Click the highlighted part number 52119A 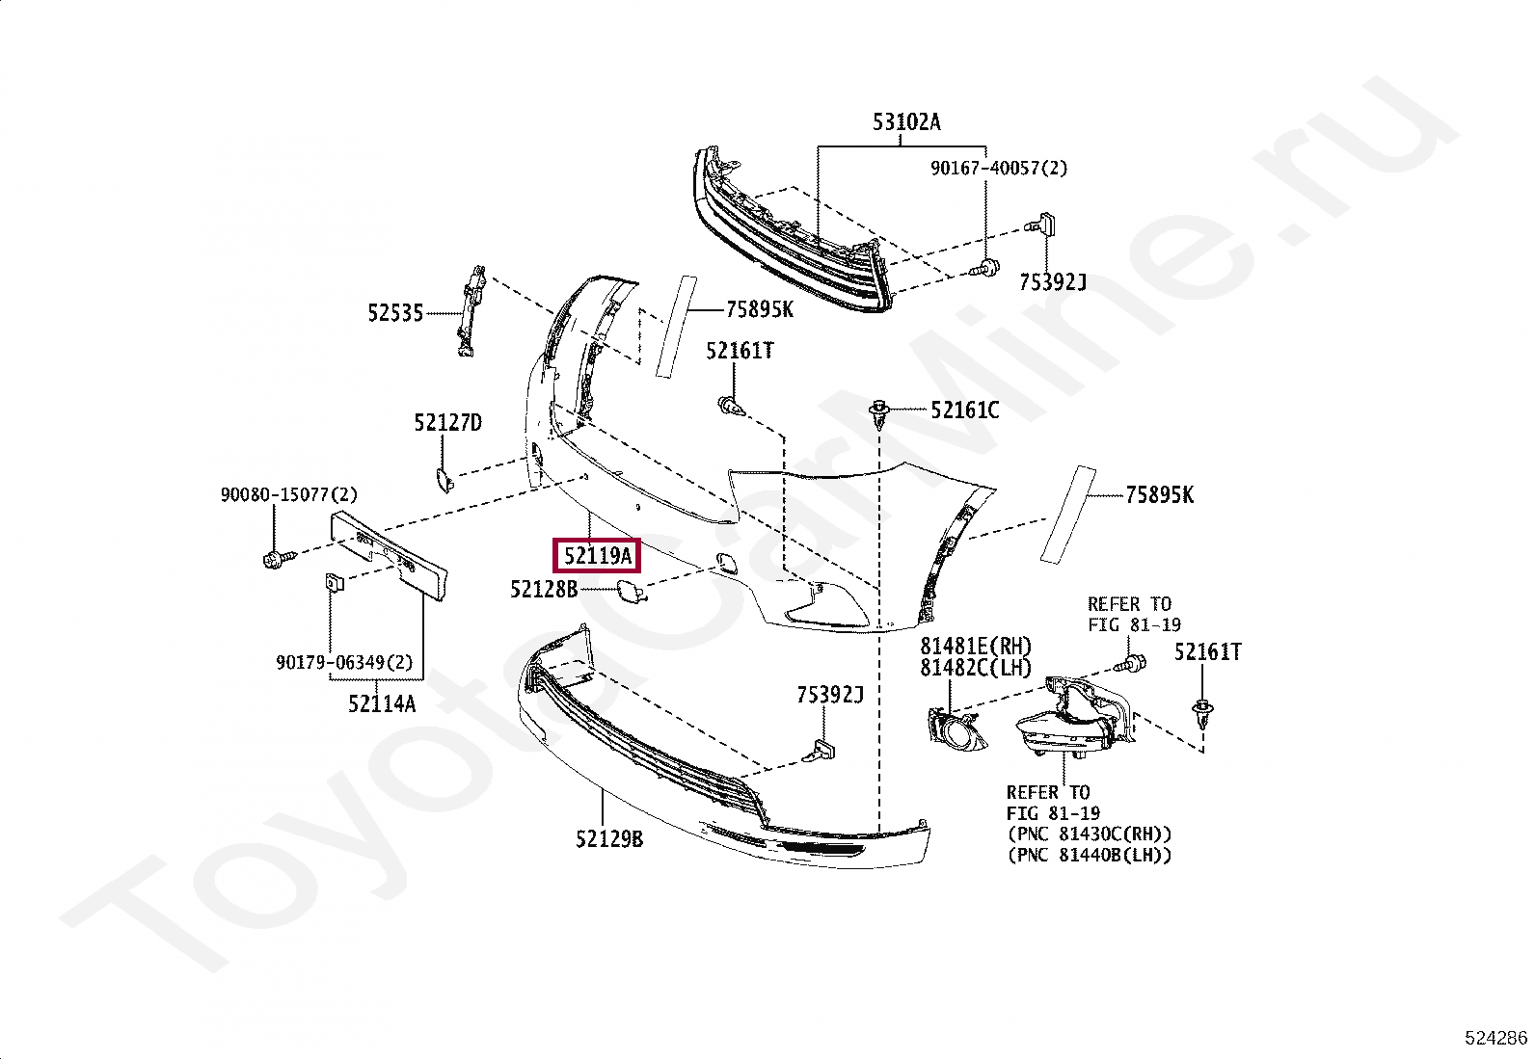pos(597,556)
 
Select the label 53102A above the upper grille pos(906,122)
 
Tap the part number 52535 pos(395,313)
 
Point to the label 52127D pos(447,423)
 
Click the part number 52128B pos(544,589)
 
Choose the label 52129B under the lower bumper pos(608,839)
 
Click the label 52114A pos(382,704)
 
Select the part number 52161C pos(964,410)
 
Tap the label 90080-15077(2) pos(288,494)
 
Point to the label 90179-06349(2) pos(344,663)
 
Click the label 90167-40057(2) pos(999,169)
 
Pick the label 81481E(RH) pos(975,647)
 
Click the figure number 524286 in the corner pos(1495,1038)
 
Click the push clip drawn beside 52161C pos(879,413)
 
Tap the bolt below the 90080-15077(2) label pos(273,557)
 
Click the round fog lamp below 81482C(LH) pos(958,733)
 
